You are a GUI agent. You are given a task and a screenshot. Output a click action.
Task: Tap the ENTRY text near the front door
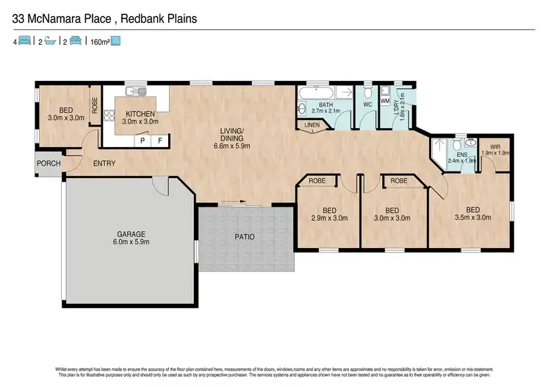(x=104, y=163)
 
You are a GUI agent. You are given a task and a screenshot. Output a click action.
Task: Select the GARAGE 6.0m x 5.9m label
(x=131, y=237)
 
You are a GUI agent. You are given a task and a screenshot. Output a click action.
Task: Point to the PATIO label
(x=244, y=238)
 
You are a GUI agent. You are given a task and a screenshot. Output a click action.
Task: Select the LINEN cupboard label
(x=311, y=126)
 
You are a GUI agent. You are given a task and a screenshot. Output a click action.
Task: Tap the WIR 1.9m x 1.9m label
(x=494, y=150)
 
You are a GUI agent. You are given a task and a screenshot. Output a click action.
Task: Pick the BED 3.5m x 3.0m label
(x=473, y=213)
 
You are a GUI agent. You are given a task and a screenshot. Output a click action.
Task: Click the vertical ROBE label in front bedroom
(x=95, y=104)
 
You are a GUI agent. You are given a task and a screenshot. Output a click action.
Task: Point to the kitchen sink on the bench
(x=133, y=92)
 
